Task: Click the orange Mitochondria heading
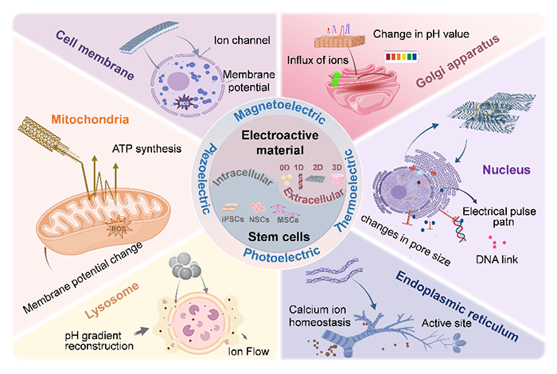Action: pyautogui.click(x=90, y=119)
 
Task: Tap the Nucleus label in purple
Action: pyautogui.click(x=506, y=169)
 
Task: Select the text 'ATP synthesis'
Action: pyautogui.click(x=146, y=149)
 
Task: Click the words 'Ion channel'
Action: pyautogui.click(x=242, y=40)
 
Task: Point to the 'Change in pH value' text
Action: pyautogui.click(x=421, y=34)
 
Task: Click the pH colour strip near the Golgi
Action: pyautogui.click(x=401, y=56)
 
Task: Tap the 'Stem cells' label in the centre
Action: pyautogui.click(x=278, y=236)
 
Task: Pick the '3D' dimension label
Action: pyautogui.click(x=337, y=167)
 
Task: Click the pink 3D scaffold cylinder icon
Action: pyautogui.click(x=337, y=179)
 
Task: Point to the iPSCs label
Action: pyautogui.click(x=232, y=219)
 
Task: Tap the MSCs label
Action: pyautogui.click(x=288, y=220)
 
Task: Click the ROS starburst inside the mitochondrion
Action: pyautogui.click(x=119, y=228)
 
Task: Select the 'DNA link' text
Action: pyautogui.click(x=497, y=259)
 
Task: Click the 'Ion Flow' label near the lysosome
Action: pyautogui.click(x=248, y=352)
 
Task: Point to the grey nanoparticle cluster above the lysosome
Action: pyautogui.click(x=185, y=267)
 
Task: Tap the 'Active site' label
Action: pyautogui.click(x=446, y=323)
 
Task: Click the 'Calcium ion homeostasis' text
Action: pyautogui.click(x=319, y=316)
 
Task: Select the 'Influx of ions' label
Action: pyautogui.click(x=317, y=60)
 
